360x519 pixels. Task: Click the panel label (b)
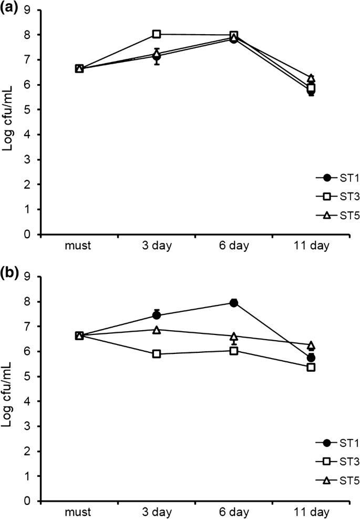[x=12, y=274]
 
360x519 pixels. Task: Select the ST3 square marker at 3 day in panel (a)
[x=156, y=34]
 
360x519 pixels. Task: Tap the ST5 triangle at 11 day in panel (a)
[x=311, y=78]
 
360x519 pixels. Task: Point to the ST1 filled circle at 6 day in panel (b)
[x=234, y=303]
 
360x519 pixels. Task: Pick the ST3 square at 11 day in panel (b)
[x=311, y=367]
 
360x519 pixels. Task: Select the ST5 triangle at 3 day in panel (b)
[x=156, y=330]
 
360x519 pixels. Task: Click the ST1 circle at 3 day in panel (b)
[x=156, y=316]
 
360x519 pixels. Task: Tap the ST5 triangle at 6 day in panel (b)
[x=234, y=336]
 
